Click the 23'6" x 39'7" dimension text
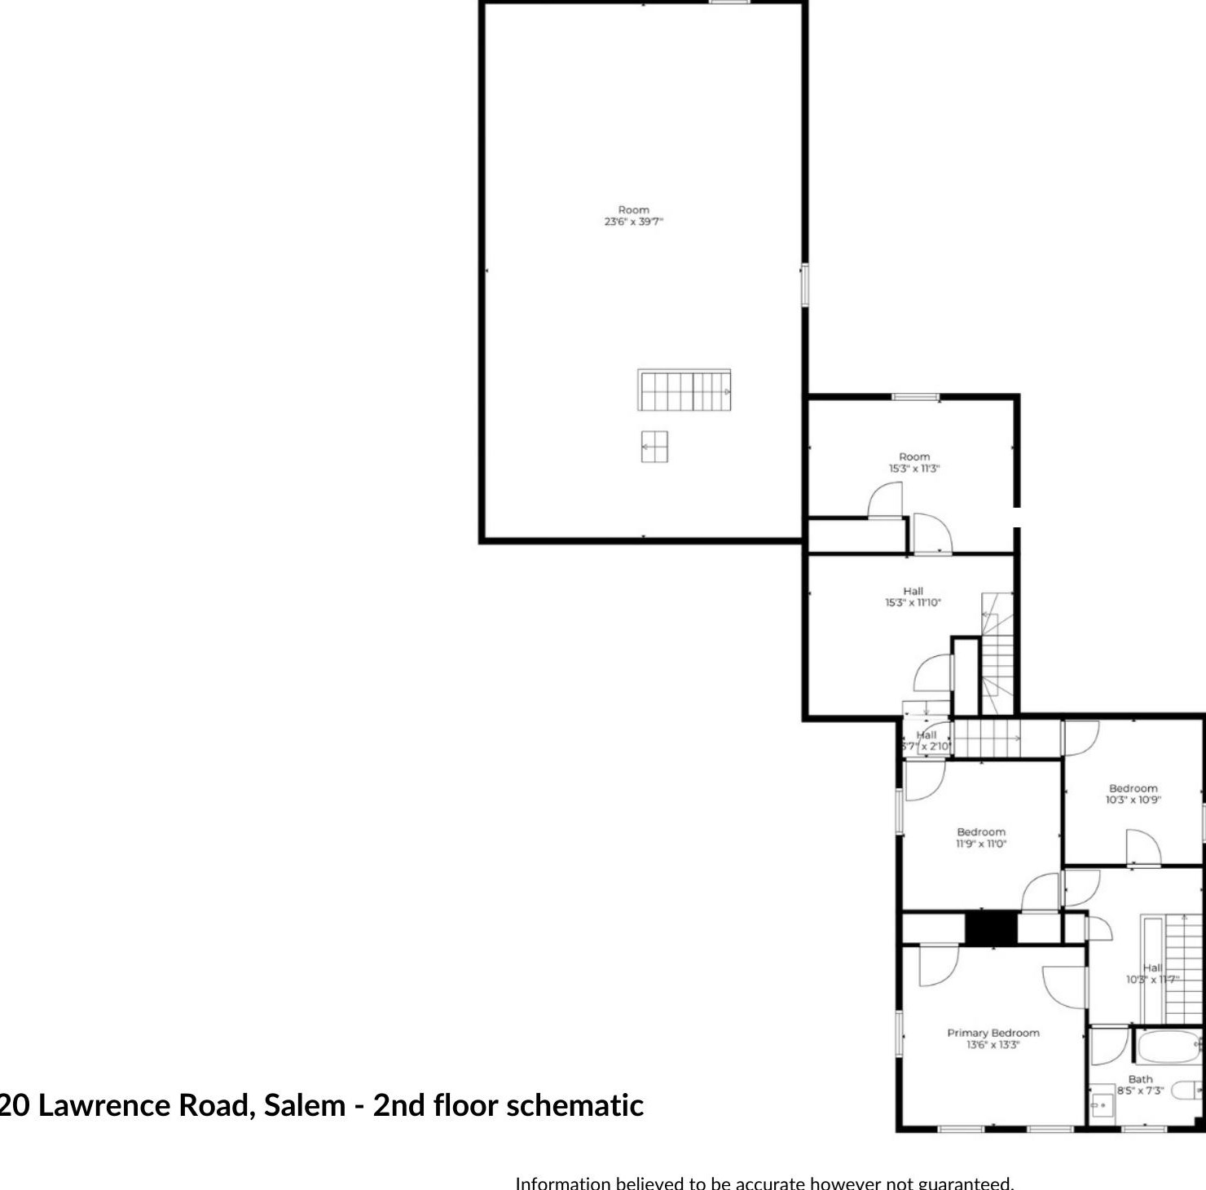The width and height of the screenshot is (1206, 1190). [x=633, y=222]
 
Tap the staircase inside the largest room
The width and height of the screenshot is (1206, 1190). [x=684, y=391]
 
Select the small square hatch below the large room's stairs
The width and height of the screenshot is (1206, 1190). [x=654, y=447]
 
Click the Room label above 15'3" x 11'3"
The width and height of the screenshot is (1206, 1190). [x=913, y=456]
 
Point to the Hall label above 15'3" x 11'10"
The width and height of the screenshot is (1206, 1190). [x=913, y=591]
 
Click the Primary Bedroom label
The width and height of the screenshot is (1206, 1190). [x=993, y=1033]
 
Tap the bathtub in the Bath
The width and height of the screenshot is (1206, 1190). [x=1168, y=1047]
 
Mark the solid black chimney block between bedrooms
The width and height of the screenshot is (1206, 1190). [x=992, y=928]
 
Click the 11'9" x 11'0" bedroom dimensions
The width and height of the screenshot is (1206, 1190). [x=981, y=844]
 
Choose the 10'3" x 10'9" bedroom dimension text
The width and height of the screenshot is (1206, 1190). [x=1133, y=800]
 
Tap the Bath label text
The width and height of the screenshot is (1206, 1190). [x=1140, y=1079]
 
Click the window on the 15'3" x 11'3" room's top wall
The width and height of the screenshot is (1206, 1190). [x=915, y=397]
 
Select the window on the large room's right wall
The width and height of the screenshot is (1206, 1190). [x=804, y=284]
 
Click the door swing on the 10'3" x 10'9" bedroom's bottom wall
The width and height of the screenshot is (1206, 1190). [x=1143, y=848]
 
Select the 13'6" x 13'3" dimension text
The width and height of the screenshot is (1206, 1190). [x=993, y=1045]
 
